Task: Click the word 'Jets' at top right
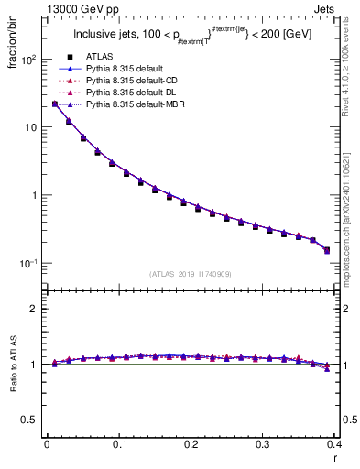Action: [326, 9]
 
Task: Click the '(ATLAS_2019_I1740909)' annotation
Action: [191, 274]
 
